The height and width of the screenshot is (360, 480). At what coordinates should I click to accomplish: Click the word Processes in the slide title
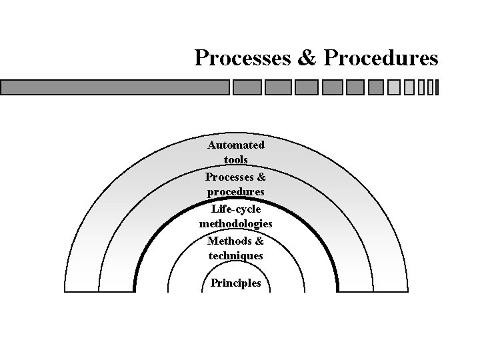tap(241, 58)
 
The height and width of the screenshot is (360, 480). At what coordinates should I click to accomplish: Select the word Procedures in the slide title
tap(381, 58)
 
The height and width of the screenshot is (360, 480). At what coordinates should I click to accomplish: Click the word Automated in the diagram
tap(236, 145)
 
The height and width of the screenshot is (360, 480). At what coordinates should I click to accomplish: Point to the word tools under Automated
tap(236, 160)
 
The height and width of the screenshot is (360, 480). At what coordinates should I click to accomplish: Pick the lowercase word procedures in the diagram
tap(236, 191)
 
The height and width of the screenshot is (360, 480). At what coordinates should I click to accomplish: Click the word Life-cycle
tap(236, 209)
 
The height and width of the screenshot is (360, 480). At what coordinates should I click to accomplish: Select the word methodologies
tap(236, 224)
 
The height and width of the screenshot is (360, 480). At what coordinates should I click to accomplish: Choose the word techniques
tap(236, 255)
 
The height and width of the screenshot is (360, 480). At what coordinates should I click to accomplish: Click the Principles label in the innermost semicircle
tap(236, 283)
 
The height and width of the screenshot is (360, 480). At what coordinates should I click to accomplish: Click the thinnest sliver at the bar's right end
tap(437, 87)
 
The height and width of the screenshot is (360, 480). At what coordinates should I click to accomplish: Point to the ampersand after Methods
tap(259, 241)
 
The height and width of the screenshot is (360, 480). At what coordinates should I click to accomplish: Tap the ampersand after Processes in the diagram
tap(261, 177)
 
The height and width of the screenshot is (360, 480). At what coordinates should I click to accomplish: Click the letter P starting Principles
tap(214, 283)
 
